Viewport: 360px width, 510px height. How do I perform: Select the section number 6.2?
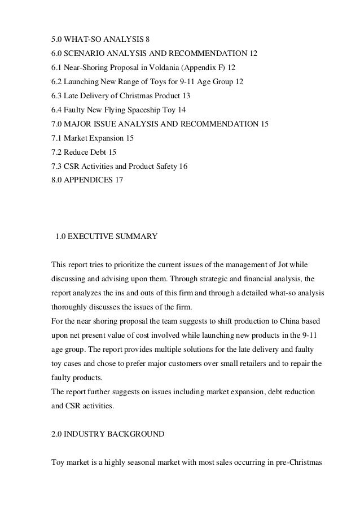[x=57, y=81]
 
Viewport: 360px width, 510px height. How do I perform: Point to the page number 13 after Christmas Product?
[x=187, y=95]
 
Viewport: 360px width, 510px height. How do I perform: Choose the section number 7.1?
[x=57, y=138]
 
